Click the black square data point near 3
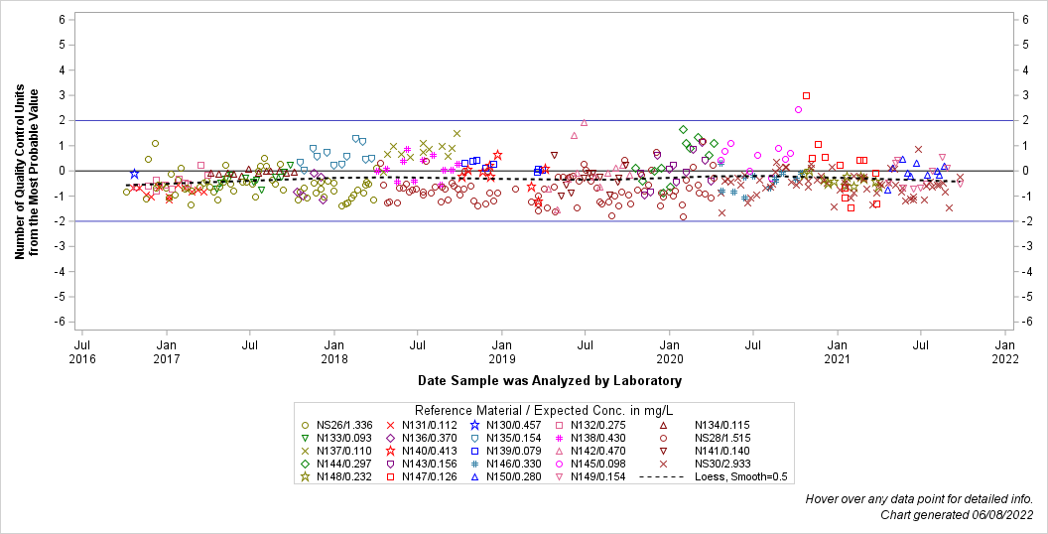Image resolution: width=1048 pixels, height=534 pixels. click(x=806, y=95)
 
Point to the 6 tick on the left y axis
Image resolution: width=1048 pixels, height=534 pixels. click(x=62, y=20)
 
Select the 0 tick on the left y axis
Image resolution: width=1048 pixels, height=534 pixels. click(x=62, y=171)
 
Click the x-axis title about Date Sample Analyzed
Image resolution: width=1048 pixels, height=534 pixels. click(x=549, y=380)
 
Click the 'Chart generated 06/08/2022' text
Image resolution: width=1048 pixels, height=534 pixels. click(x=956, y=514)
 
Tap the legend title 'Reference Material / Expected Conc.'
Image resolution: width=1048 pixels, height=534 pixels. click(x=544, y=410)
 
